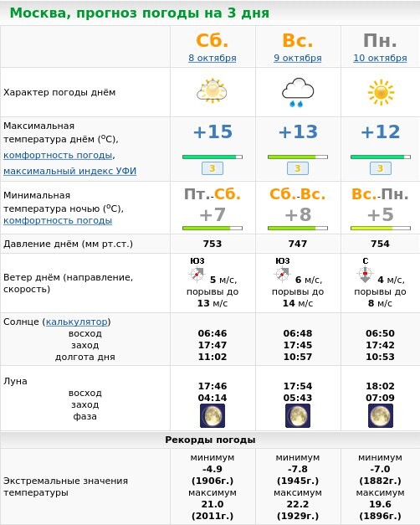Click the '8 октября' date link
point(213,58)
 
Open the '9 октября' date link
point(299,58)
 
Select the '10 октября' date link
point(380,58)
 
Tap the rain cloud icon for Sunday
point(297,92)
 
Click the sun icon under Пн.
point(380,91)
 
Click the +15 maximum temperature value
point(213,132)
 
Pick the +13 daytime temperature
point(298,132)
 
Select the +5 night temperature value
point(380,214)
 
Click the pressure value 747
point(298,244)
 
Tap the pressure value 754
point(380,244)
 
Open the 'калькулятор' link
point(77,322)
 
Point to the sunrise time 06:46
point(213,333)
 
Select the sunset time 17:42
point(380,345)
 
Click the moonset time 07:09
point(380,398)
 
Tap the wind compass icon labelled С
point(365,273)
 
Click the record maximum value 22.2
point(298,504)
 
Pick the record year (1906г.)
point(213,481)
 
